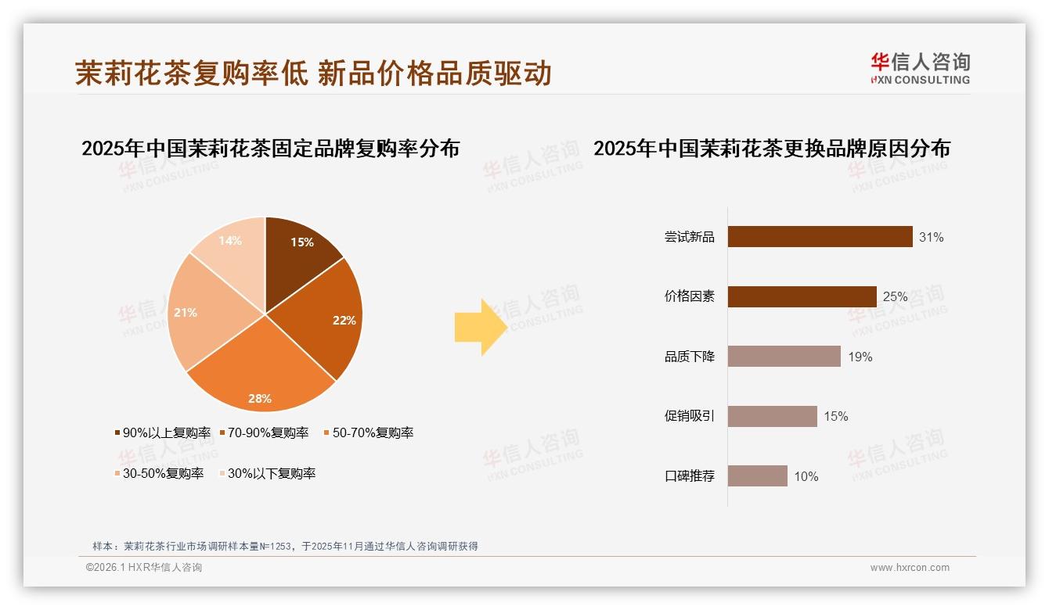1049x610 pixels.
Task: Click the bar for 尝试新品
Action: pyautogui.click(x=820, y=236)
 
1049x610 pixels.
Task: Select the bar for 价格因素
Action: pyautogui.click(x=802, y=296)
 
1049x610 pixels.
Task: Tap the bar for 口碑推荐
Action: pyautogui.click(x=757, y=475)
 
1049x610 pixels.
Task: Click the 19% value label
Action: pyautogui.click(x=860, y=357)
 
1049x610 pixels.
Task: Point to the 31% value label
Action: pyautogui.click(x=931, y=237)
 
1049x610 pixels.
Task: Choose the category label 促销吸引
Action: pyautogui.click(x=689, y=416)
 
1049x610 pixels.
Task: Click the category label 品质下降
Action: pyautogui.click(x=689, y=357)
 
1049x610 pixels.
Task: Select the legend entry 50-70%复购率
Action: pyautogui.click(x=369, y=432)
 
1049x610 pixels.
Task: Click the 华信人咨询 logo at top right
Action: pyautogui.click(x=920, y=69)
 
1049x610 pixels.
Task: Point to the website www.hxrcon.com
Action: pyautogui.click(x=910, y=568)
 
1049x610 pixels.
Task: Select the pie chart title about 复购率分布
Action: pyautogui.click(x=270, y=148)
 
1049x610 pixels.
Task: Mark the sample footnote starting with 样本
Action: pyautogui.click(x=285, y=546)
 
